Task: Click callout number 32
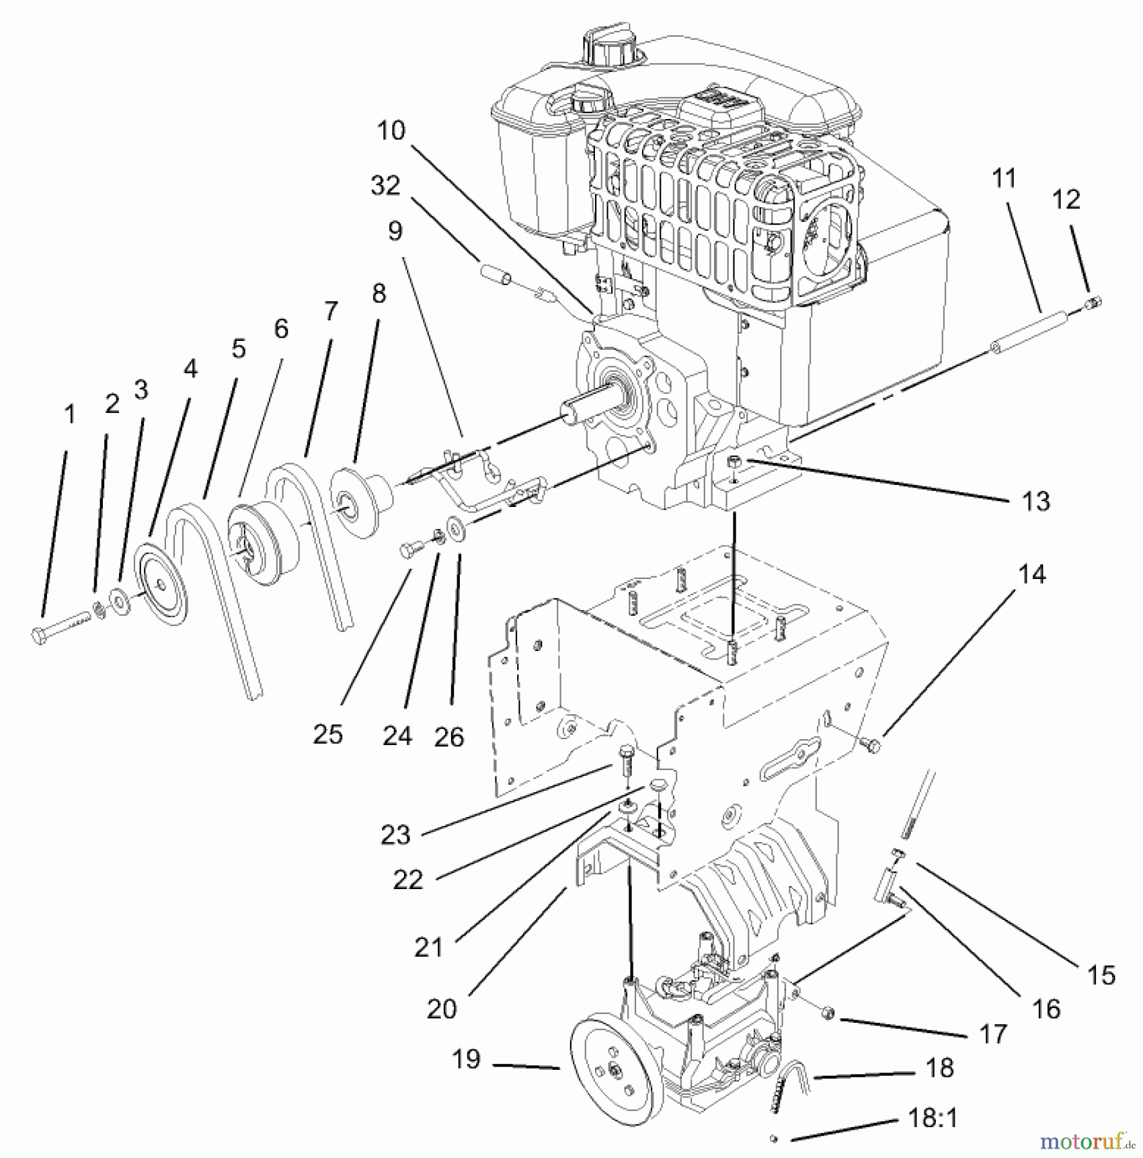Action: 385,186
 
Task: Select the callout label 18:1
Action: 933,1118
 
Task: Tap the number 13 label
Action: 1036,501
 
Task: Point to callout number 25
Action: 328,734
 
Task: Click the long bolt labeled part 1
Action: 61,628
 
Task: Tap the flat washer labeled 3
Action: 119,602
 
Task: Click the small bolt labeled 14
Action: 873,746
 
